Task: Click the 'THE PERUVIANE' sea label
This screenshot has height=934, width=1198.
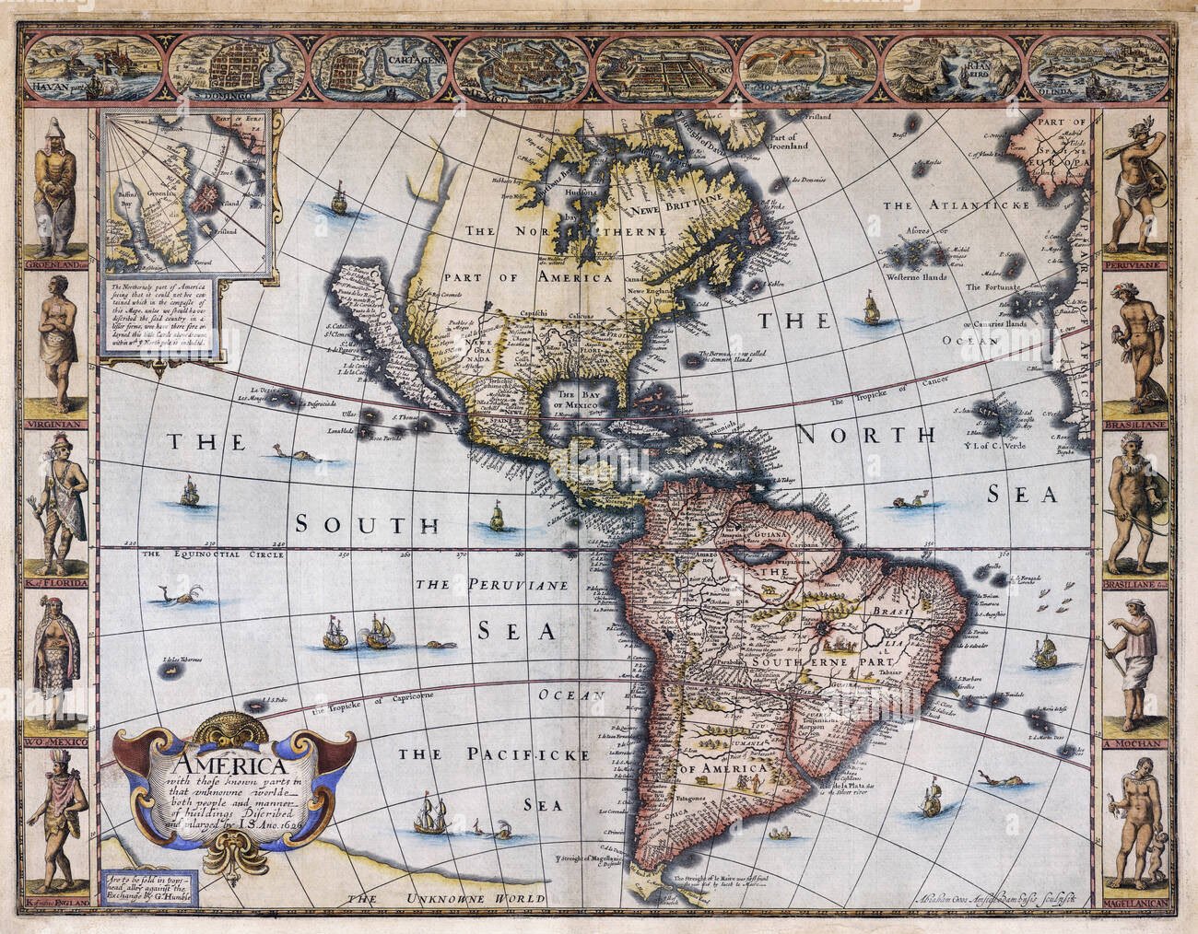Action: click(496, 585)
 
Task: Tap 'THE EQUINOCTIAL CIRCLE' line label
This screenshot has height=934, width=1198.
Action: click(194, 555)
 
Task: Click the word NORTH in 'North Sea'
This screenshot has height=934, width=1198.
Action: click(865, 433)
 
